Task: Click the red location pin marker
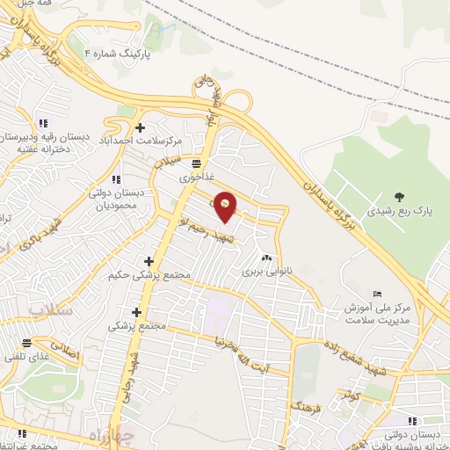coord(226,206)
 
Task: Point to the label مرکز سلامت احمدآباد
coord(142,141)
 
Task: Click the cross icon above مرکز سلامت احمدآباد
coord(140,127)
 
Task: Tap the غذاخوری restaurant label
coord(197,177)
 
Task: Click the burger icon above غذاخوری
coord(196,163)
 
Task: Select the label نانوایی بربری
coord(266,272)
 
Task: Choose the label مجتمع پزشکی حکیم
coord(149,276)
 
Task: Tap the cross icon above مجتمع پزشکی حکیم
coord(149,261)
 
